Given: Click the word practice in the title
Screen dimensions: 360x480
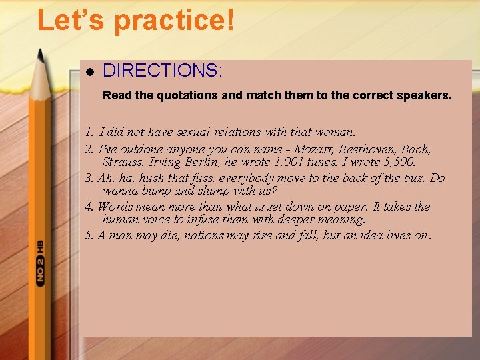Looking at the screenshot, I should [175, 20].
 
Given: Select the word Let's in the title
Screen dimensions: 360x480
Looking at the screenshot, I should [71, 20].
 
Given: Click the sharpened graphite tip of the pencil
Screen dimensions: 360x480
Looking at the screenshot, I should [40, 54].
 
